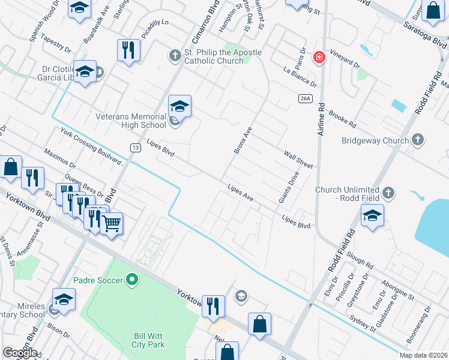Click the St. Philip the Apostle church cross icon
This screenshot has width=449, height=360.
175,56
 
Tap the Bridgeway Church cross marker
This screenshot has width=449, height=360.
418,140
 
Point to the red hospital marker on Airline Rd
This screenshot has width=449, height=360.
319,58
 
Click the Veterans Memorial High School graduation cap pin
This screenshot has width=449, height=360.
179,107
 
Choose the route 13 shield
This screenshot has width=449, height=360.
136,147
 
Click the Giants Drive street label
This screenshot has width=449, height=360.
288,187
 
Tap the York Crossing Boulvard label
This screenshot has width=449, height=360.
89,144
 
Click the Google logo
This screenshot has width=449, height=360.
20,352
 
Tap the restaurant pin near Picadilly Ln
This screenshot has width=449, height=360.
128,50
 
